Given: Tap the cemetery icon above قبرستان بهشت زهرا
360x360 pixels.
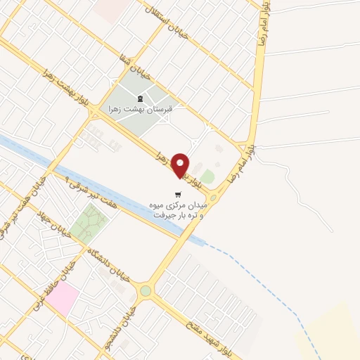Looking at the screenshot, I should pyautogui.click(x=139, y=98).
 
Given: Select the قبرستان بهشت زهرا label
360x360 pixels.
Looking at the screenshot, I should pyautogui.click(x=139, y=109).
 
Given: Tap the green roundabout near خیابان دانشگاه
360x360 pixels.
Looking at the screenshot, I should pyautogui.click(x=145, y=290).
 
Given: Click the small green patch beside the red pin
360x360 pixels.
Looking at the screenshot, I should pyautogui.click(x=207, y=176).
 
